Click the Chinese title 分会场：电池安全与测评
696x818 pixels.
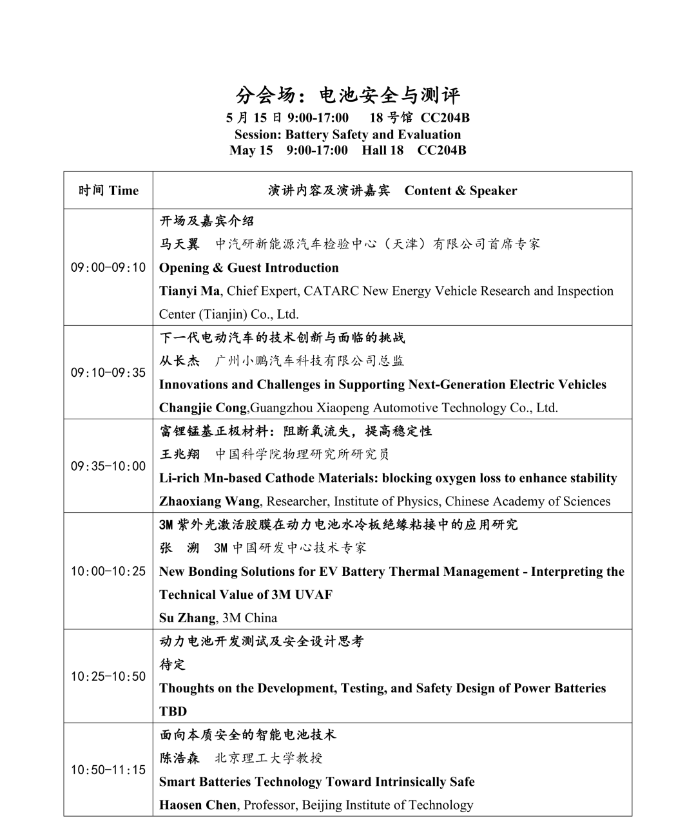tap(348, 95)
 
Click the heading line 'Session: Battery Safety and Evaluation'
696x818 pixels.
tap(347, 135)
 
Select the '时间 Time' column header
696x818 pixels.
tap(108, 191)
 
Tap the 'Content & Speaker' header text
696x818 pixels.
tap(460, 191)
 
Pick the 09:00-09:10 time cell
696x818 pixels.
tap(108, 267)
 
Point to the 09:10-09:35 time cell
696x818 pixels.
tap(108, 372)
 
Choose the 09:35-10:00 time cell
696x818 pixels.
tap(108, 466)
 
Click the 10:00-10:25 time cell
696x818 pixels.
tap(108, 571)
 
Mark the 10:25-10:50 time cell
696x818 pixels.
tap(108, 676)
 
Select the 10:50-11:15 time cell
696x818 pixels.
tap(108, 770)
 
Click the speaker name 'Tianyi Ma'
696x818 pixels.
tap(189, 291)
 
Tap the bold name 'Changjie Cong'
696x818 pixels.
tap(203, 408)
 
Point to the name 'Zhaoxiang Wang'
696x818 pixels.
tap(209, 501)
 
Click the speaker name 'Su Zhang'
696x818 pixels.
tap(187, 618)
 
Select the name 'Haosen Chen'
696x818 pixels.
tap(198, 805)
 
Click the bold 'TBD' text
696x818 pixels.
tap(173, 712)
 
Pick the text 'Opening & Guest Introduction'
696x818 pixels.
tap(249, 268)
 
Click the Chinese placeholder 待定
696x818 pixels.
tap(172, 665)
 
